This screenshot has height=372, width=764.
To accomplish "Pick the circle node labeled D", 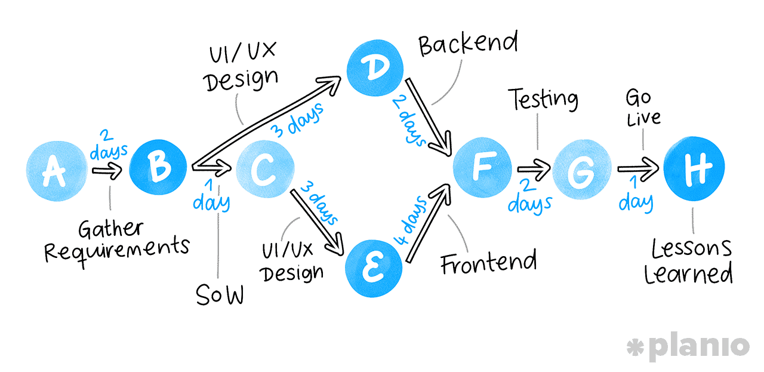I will coord(375,67).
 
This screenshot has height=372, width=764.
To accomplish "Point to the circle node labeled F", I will coord(482,167).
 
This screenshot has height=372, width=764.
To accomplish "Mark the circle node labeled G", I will coord(582,170).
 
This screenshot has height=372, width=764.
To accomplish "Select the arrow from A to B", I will coord(107,172).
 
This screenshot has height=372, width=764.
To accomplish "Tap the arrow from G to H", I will coord(637,171).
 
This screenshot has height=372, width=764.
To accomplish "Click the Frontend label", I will coord(488,262).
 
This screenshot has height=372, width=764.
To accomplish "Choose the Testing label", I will coord(543,99).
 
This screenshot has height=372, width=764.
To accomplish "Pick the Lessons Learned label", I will coord(691,261).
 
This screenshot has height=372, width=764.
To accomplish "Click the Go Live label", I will coord(642,107).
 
